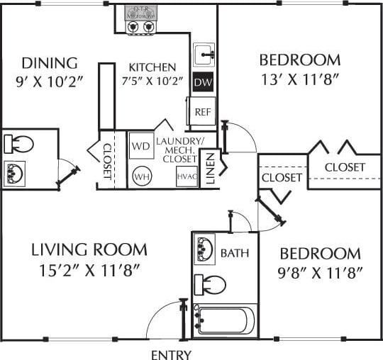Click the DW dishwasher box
202,82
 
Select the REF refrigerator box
203,111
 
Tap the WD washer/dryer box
140,147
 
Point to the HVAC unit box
186,176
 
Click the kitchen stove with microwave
140,20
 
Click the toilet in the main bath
210,285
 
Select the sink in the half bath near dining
16,171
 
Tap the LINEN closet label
210,169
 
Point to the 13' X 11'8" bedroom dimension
299,79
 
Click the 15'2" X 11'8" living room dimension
89,269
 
